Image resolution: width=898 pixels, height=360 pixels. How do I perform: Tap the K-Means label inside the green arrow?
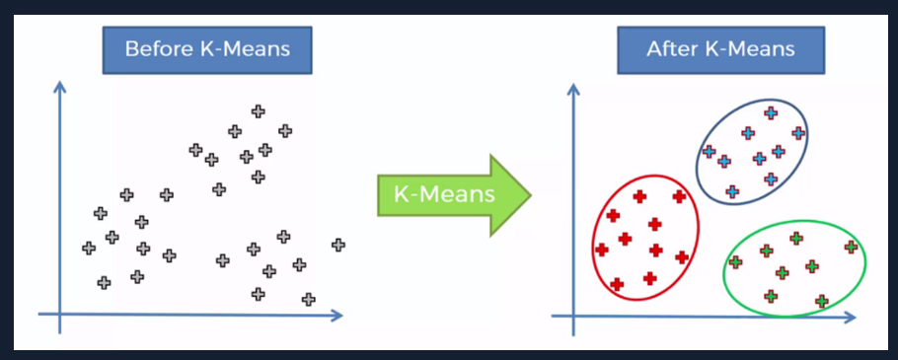(x=445, y=193)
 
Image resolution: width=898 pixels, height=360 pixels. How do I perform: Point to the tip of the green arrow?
(x=530, y=193)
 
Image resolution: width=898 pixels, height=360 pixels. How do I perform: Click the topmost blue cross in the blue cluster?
(x=770, y=112)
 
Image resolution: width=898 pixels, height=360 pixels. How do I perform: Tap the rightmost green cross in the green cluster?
(x=851, y=247)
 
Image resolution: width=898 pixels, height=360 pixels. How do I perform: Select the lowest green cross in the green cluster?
(x=822, y=301)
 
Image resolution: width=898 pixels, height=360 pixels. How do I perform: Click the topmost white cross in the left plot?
(x=258, y=111)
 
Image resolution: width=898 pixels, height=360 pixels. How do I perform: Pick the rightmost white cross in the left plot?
(x=338, y=245)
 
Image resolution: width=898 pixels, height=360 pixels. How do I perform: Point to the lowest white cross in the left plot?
(x=309, y=299)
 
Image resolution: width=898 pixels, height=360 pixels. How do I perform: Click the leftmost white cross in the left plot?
(x=89, y=248)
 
